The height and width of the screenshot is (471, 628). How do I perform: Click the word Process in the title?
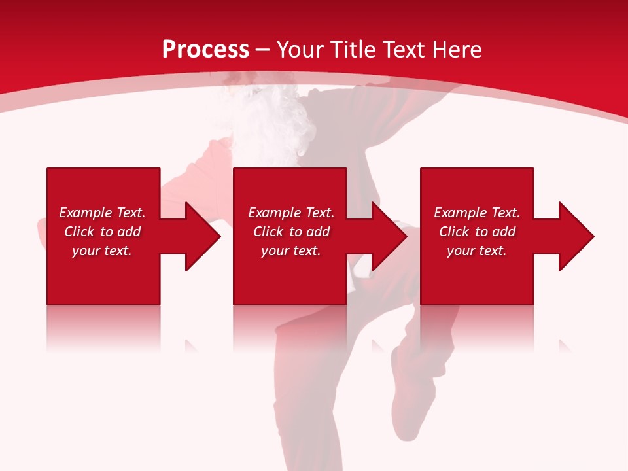tap(205, 50)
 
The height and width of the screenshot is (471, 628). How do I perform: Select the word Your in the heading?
tap(299, 50)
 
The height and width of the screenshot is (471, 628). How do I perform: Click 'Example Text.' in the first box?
tap(102, 213)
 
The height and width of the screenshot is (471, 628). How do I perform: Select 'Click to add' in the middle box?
tap(291, 232)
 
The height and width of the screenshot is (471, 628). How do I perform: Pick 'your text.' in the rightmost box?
tap(477, 251)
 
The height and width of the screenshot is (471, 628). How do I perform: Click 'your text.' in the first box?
tap(102, 251)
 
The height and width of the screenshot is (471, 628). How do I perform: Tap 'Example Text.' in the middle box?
tap(291, 213)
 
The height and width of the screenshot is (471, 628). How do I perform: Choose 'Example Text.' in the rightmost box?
tap(477, 213)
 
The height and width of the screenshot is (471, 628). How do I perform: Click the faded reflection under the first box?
tap(103, 327)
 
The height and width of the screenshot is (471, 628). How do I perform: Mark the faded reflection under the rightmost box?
tap(477, 327)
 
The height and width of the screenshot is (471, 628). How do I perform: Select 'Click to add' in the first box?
tap(102, 232)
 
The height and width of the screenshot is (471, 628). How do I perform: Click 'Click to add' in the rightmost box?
tap(477, 232)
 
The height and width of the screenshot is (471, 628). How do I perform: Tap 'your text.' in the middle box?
tap(291, 251)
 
